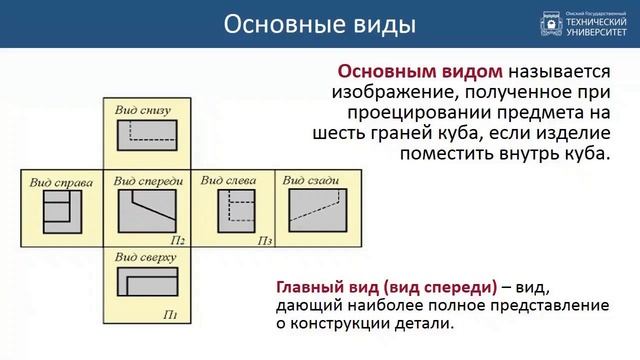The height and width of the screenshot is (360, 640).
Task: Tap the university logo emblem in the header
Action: click(x=551, y=24)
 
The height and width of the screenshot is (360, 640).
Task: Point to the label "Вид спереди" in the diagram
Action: click(x=148, y=181)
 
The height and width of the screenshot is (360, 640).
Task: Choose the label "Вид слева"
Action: click(x=228, y=181)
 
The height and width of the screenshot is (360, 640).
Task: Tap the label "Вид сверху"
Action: click(x=146, y=257)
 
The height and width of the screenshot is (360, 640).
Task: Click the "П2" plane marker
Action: click(x=177, y=241)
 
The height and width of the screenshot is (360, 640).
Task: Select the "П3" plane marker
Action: click(x=264, y=241)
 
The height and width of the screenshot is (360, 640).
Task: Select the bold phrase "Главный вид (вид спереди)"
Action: click(x=386, y=286)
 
